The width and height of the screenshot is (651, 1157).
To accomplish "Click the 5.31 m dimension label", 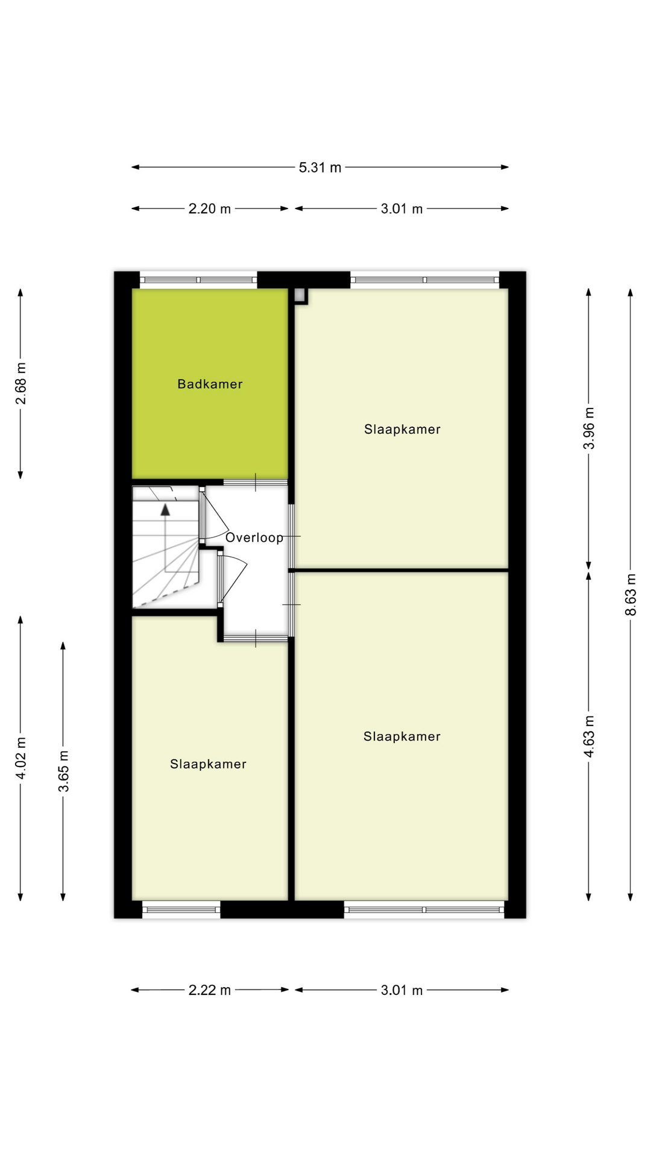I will click(320, 168).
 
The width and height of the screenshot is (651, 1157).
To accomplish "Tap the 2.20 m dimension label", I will click(210, 209).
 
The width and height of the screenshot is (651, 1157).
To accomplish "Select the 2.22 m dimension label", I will click(210, 990).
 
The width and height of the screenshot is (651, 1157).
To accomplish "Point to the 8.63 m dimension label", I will click(631, 594).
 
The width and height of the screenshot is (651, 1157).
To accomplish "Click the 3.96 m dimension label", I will click(589, 428).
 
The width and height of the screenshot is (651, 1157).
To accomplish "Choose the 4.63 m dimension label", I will click(589, 736).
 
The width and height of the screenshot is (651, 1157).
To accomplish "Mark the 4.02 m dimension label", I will click(20, 758).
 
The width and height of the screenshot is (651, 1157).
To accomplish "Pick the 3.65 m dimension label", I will click(63, 771).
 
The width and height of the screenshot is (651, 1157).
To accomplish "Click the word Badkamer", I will click(210, 384).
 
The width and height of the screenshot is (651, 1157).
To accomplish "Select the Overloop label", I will click(254, 538).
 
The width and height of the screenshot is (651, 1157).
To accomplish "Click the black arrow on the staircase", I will click(165, 510).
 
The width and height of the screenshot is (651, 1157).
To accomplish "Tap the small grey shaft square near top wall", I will click(300, 295).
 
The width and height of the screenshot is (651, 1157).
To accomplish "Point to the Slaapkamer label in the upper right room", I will click(402, 430).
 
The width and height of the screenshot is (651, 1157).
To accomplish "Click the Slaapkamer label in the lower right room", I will click(402, 736).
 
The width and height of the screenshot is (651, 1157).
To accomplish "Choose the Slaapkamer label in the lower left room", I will click(208, 764).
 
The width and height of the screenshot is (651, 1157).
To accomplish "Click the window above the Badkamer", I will click(198, 280).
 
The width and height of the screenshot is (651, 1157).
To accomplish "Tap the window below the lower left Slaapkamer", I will click(181, 909).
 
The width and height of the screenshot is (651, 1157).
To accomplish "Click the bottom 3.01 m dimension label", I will click(402, 990).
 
